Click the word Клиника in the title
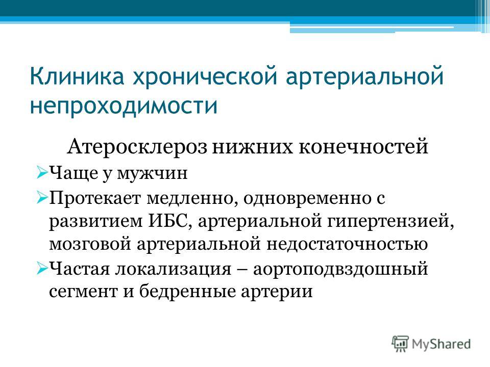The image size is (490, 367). tap(77, 76)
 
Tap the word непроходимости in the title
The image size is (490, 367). tap(124, 106)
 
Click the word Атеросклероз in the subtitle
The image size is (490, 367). tap(137, 146)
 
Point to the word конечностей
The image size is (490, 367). tap(363, 147)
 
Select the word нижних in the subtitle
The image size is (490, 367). tap(253, 147)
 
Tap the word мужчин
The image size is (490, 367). tap(152, 173)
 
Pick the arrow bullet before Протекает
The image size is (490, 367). tap(42, 198)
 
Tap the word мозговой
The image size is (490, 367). tap(90, 244)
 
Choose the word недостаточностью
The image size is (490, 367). tap(347, 244)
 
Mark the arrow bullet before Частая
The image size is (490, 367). tap(42, 268)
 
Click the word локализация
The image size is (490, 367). tap(174, 269)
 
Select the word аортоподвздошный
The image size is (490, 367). tap(340, 269)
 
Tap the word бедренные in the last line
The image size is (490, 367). tap(187, 291)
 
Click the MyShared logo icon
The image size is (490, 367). tap(400, 344)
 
